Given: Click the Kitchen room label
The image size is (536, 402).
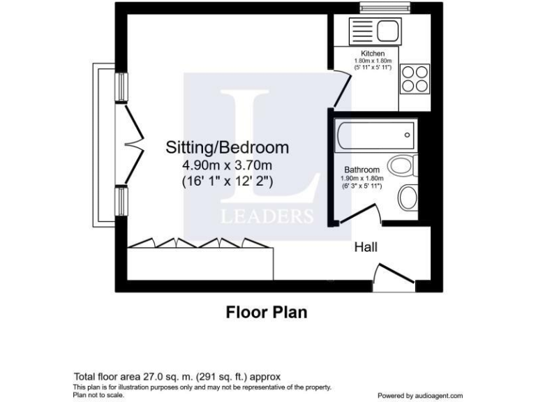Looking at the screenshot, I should click(x=372, y=54).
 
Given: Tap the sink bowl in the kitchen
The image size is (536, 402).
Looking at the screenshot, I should click(x=387, y=31).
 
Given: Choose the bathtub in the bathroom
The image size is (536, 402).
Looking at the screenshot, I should click(x=375, y=136).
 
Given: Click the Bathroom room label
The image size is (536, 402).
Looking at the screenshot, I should click(x=362, y=170).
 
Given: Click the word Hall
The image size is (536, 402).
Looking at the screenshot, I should click(x=366, y=247).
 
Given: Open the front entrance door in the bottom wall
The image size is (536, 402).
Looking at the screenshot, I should click(x=392, y=275).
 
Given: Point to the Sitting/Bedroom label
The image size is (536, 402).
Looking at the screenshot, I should click(x=227, y=148).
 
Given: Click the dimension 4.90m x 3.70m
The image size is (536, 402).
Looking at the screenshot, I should click(x=227, y=165).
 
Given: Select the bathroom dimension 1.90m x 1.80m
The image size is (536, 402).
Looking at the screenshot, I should click(x=362, y=179).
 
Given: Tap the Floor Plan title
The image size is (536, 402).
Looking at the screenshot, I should click(x=266, y=312).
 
